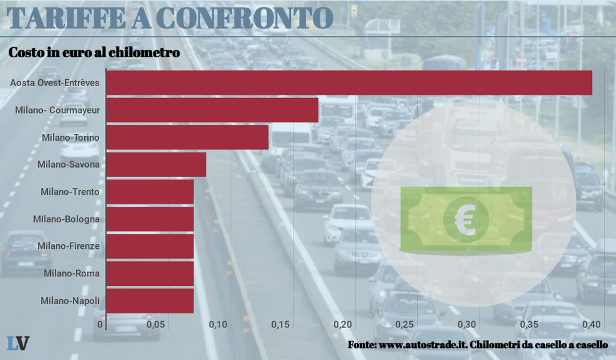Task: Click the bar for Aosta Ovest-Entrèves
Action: point(349,83)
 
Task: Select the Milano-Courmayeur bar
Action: point(212,110)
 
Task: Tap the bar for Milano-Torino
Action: point(187,137)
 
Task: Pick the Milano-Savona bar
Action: point(156,165)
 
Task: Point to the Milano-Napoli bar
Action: point(150,300)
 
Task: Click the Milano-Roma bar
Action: point(150,273)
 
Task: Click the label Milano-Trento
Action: point(70,192)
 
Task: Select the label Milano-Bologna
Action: point(66,219)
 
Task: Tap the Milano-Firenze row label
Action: point(68,246)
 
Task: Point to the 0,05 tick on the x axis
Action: point(155,325)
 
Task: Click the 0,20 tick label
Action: point(343,325)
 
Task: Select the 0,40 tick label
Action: point(591,325)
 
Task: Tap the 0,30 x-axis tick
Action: point(467,325)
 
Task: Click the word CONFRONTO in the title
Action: point(244,18)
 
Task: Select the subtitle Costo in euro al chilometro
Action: point(94,53)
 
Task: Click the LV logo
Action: point(18,343)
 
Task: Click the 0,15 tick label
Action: point(280,325)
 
